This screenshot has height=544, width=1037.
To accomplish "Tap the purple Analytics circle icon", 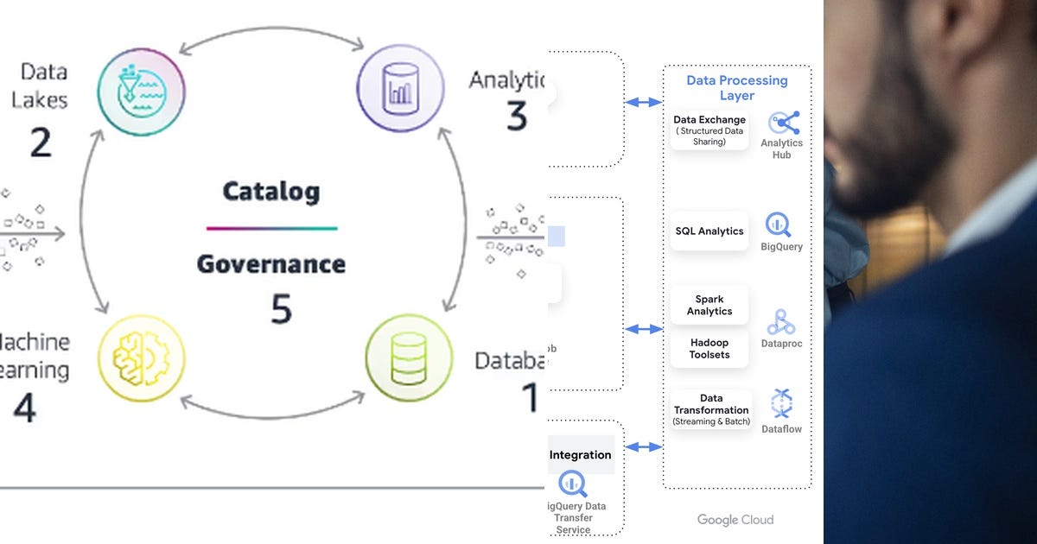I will coord(400,90).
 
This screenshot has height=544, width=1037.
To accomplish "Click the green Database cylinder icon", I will coord(408,357).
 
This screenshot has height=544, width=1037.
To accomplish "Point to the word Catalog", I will coord(270,191).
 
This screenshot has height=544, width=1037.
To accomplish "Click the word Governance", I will coord(270,263).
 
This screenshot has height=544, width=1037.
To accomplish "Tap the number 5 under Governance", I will coord(281,309).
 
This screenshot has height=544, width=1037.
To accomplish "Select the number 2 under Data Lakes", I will coord(40,142).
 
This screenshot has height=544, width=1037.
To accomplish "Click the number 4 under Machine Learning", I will coord(24,408).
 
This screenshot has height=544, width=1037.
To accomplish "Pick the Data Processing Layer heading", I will coord(736,87).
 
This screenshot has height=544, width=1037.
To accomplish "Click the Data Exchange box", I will coord(709,130).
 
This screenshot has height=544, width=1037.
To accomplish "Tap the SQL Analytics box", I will coord(709,231).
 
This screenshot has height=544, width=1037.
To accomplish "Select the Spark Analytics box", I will coord(709,305).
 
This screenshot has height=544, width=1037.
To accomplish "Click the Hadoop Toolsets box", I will coord(709,348).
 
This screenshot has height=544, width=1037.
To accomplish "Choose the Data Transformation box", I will coord(711,410).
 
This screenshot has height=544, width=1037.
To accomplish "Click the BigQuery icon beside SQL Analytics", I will coord(779,225).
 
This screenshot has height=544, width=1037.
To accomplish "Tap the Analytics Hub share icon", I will coord(784,123).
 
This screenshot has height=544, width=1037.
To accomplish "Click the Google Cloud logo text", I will coord(735,520).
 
